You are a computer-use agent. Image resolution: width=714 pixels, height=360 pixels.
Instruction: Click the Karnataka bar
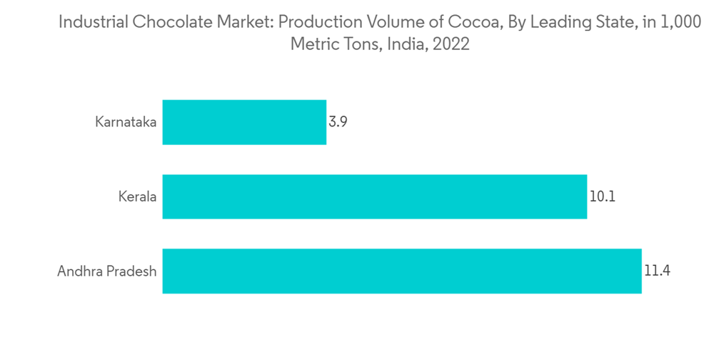click(244, 122)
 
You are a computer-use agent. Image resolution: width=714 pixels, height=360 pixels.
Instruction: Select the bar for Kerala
click(375, 196)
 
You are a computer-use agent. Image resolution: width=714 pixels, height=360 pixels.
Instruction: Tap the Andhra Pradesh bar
click(402, 271)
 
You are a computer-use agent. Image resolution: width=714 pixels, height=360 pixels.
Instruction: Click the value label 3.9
click(338, 122)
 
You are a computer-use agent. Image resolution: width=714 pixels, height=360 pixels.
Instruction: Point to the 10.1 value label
click(602, 196)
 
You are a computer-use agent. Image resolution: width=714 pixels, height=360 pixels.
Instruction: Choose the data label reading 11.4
click(657, 271)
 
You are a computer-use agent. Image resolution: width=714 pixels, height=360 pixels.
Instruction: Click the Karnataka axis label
click(126, 122)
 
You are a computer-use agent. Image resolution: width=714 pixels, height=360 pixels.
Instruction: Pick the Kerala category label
click(137, 196)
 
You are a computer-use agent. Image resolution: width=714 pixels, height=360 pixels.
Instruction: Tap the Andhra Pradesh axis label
click(107, 271)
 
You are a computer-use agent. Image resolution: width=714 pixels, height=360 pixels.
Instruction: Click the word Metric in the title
click(313, 44)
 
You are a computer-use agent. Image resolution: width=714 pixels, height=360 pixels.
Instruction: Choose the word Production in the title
click(313, 22)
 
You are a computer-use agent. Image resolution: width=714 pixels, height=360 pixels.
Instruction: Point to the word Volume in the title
click(388, 22)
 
